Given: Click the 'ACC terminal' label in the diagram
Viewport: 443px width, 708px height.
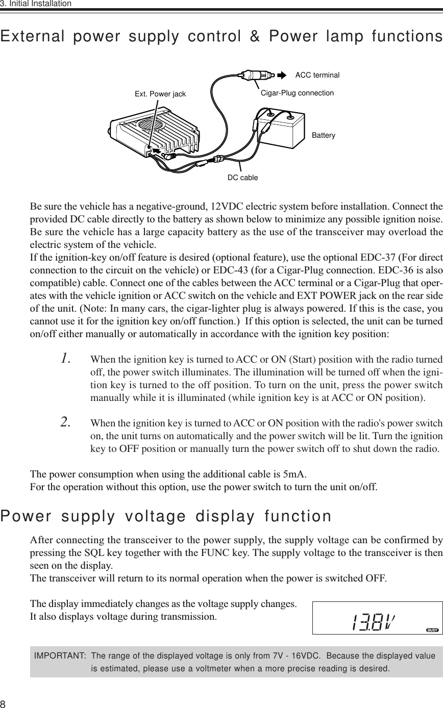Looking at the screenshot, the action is [317, 75].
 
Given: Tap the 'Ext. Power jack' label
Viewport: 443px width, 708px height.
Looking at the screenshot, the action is [160, 94].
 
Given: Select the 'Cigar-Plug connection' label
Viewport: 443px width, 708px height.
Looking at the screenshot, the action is [297, 93].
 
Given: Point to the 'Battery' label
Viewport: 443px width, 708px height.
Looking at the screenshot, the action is [323, 135].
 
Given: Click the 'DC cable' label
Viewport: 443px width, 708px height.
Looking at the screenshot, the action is [242, 178].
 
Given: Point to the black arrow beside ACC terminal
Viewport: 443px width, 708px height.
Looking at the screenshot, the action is [282, 75].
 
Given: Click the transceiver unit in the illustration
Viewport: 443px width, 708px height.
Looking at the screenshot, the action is [153, 135].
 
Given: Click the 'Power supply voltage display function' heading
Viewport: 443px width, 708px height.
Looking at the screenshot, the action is [166, 516].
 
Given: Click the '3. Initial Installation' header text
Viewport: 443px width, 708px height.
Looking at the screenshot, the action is [36, 4].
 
